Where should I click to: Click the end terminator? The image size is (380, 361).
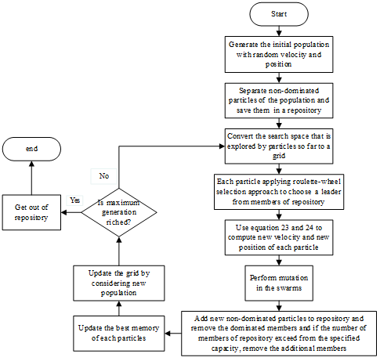31,148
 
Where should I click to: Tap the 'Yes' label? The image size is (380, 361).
75,200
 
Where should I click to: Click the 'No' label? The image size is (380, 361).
103,175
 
